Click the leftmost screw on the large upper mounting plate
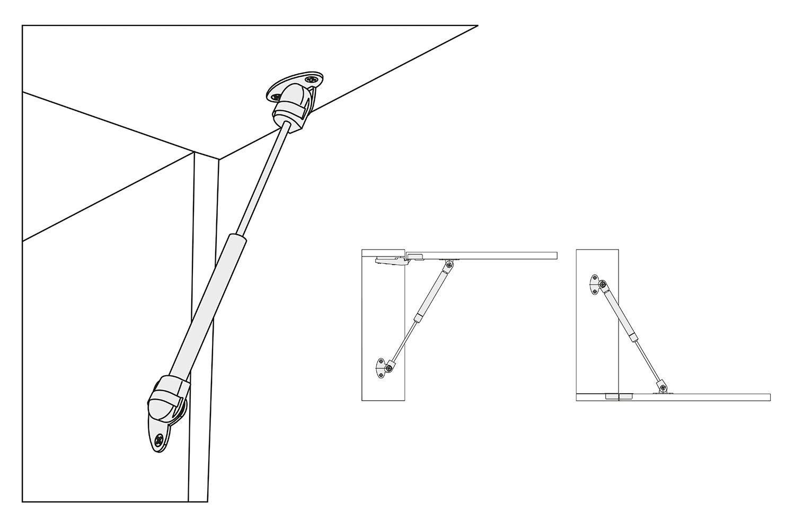click(x=276, y=98)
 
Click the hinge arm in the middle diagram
click(x=393, y=260)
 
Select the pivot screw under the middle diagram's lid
click(x=449, y=264)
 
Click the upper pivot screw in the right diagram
click(x=603, y=287)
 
